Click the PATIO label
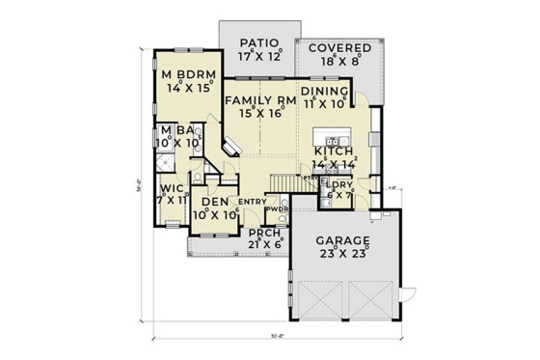pos(259,42)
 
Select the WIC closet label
pos(173,188)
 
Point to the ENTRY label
pos(252,201)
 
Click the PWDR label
pos(277,208)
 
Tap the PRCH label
pos(259,233)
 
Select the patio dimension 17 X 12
pos(259,56)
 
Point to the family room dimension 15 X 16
pos(259,114)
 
